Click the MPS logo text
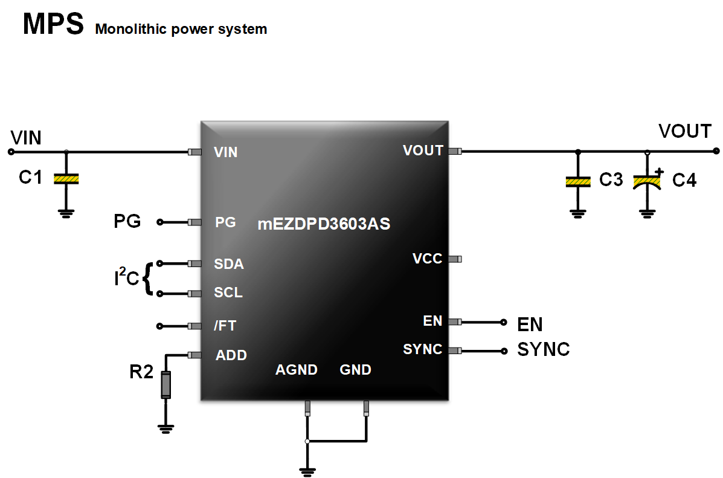(53, 25)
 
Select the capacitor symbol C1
(66, 179)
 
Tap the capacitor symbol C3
(578, 182)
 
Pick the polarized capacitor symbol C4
(647, 181)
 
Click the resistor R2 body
(165, 384)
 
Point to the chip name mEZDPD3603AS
(324, 224)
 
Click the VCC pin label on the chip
(427, 259)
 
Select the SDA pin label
(228, 264)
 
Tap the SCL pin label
(228, 293)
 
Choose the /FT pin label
(225, 326)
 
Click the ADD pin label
(231, 355)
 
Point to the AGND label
(297, 370)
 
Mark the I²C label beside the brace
(127, 279)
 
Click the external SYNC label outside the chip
(544, 350)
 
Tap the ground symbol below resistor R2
(165, 428)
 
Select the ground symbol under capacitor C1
(66, 212)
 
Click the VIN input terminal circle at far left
(10, 152)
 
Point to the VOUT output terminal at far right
(716, 151)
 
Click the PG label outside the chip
(127, 222)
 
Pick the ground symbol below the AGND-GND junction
(307, 470)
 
